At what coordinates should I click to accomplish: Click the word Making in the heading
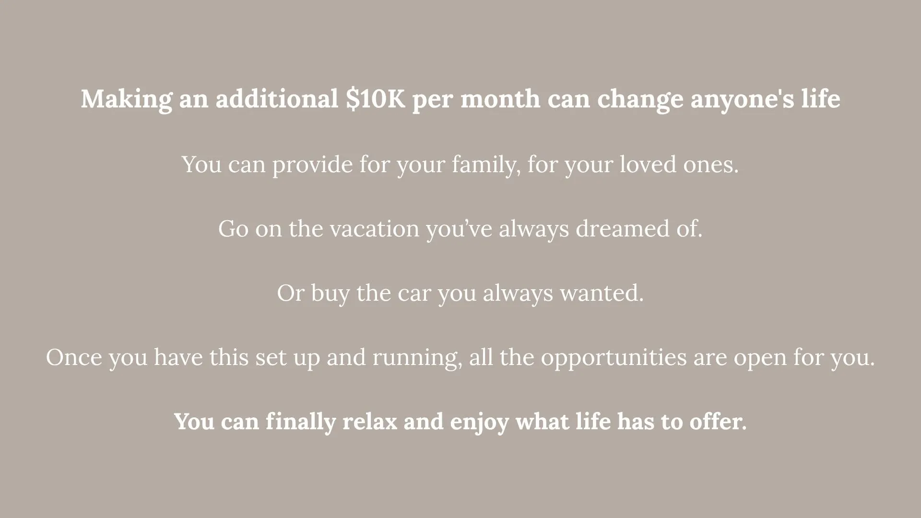pos(126,100)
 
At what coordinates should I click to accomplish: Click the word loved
pos(648,164)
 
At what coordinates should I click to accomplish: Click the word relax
pos(370,422)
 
